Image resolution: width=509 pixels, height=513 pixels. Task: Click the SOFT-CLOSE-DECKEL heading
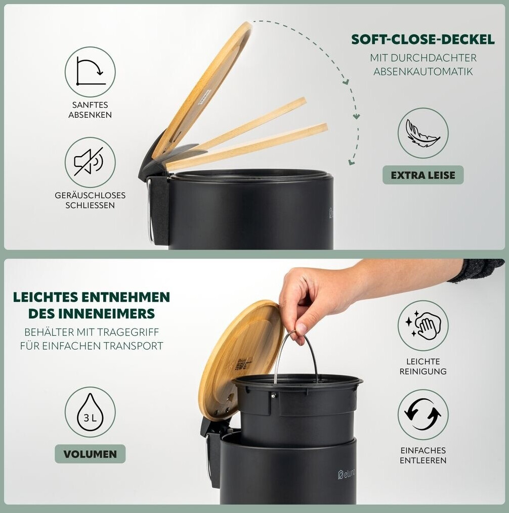(423, 39)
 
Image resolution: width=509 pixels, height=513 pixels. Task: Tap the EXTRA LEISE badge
(423, 175)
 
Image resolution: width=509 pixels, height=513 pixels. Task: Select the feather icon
(423, 133)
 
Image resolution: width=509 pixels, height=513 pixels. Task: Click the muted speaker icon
(89, 162)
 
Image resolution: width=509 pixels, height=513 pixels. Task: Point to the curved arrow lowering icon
(90, 72)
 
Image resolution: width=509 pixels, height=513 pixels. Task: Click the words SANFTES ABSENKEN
(90, 110)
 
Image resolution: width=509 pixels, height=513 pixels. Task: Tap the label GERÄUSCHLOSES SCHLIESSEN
(90, 200)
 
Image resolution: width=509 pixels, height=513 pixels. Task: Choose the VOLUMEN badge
(90, 454)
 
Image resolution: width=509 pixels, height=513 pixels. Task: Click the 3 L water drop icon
(90, 412)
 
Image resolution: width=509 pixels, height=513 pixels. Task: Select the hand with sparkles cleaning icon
(423, 325)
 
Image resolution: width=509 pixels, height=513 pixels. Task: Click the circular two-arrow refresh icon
(423, 414)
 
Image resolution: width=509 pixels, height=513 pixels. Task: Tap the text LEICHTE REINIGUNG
(423, 366)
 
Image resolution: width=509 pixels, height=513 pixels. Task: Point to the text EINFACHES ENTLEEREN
(423, 455)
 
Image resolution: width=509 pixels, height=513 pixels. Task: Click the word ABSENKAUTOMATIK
(423, 71)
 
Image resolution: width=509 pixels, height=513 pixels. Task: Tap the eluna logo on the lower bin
(347, 474)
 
